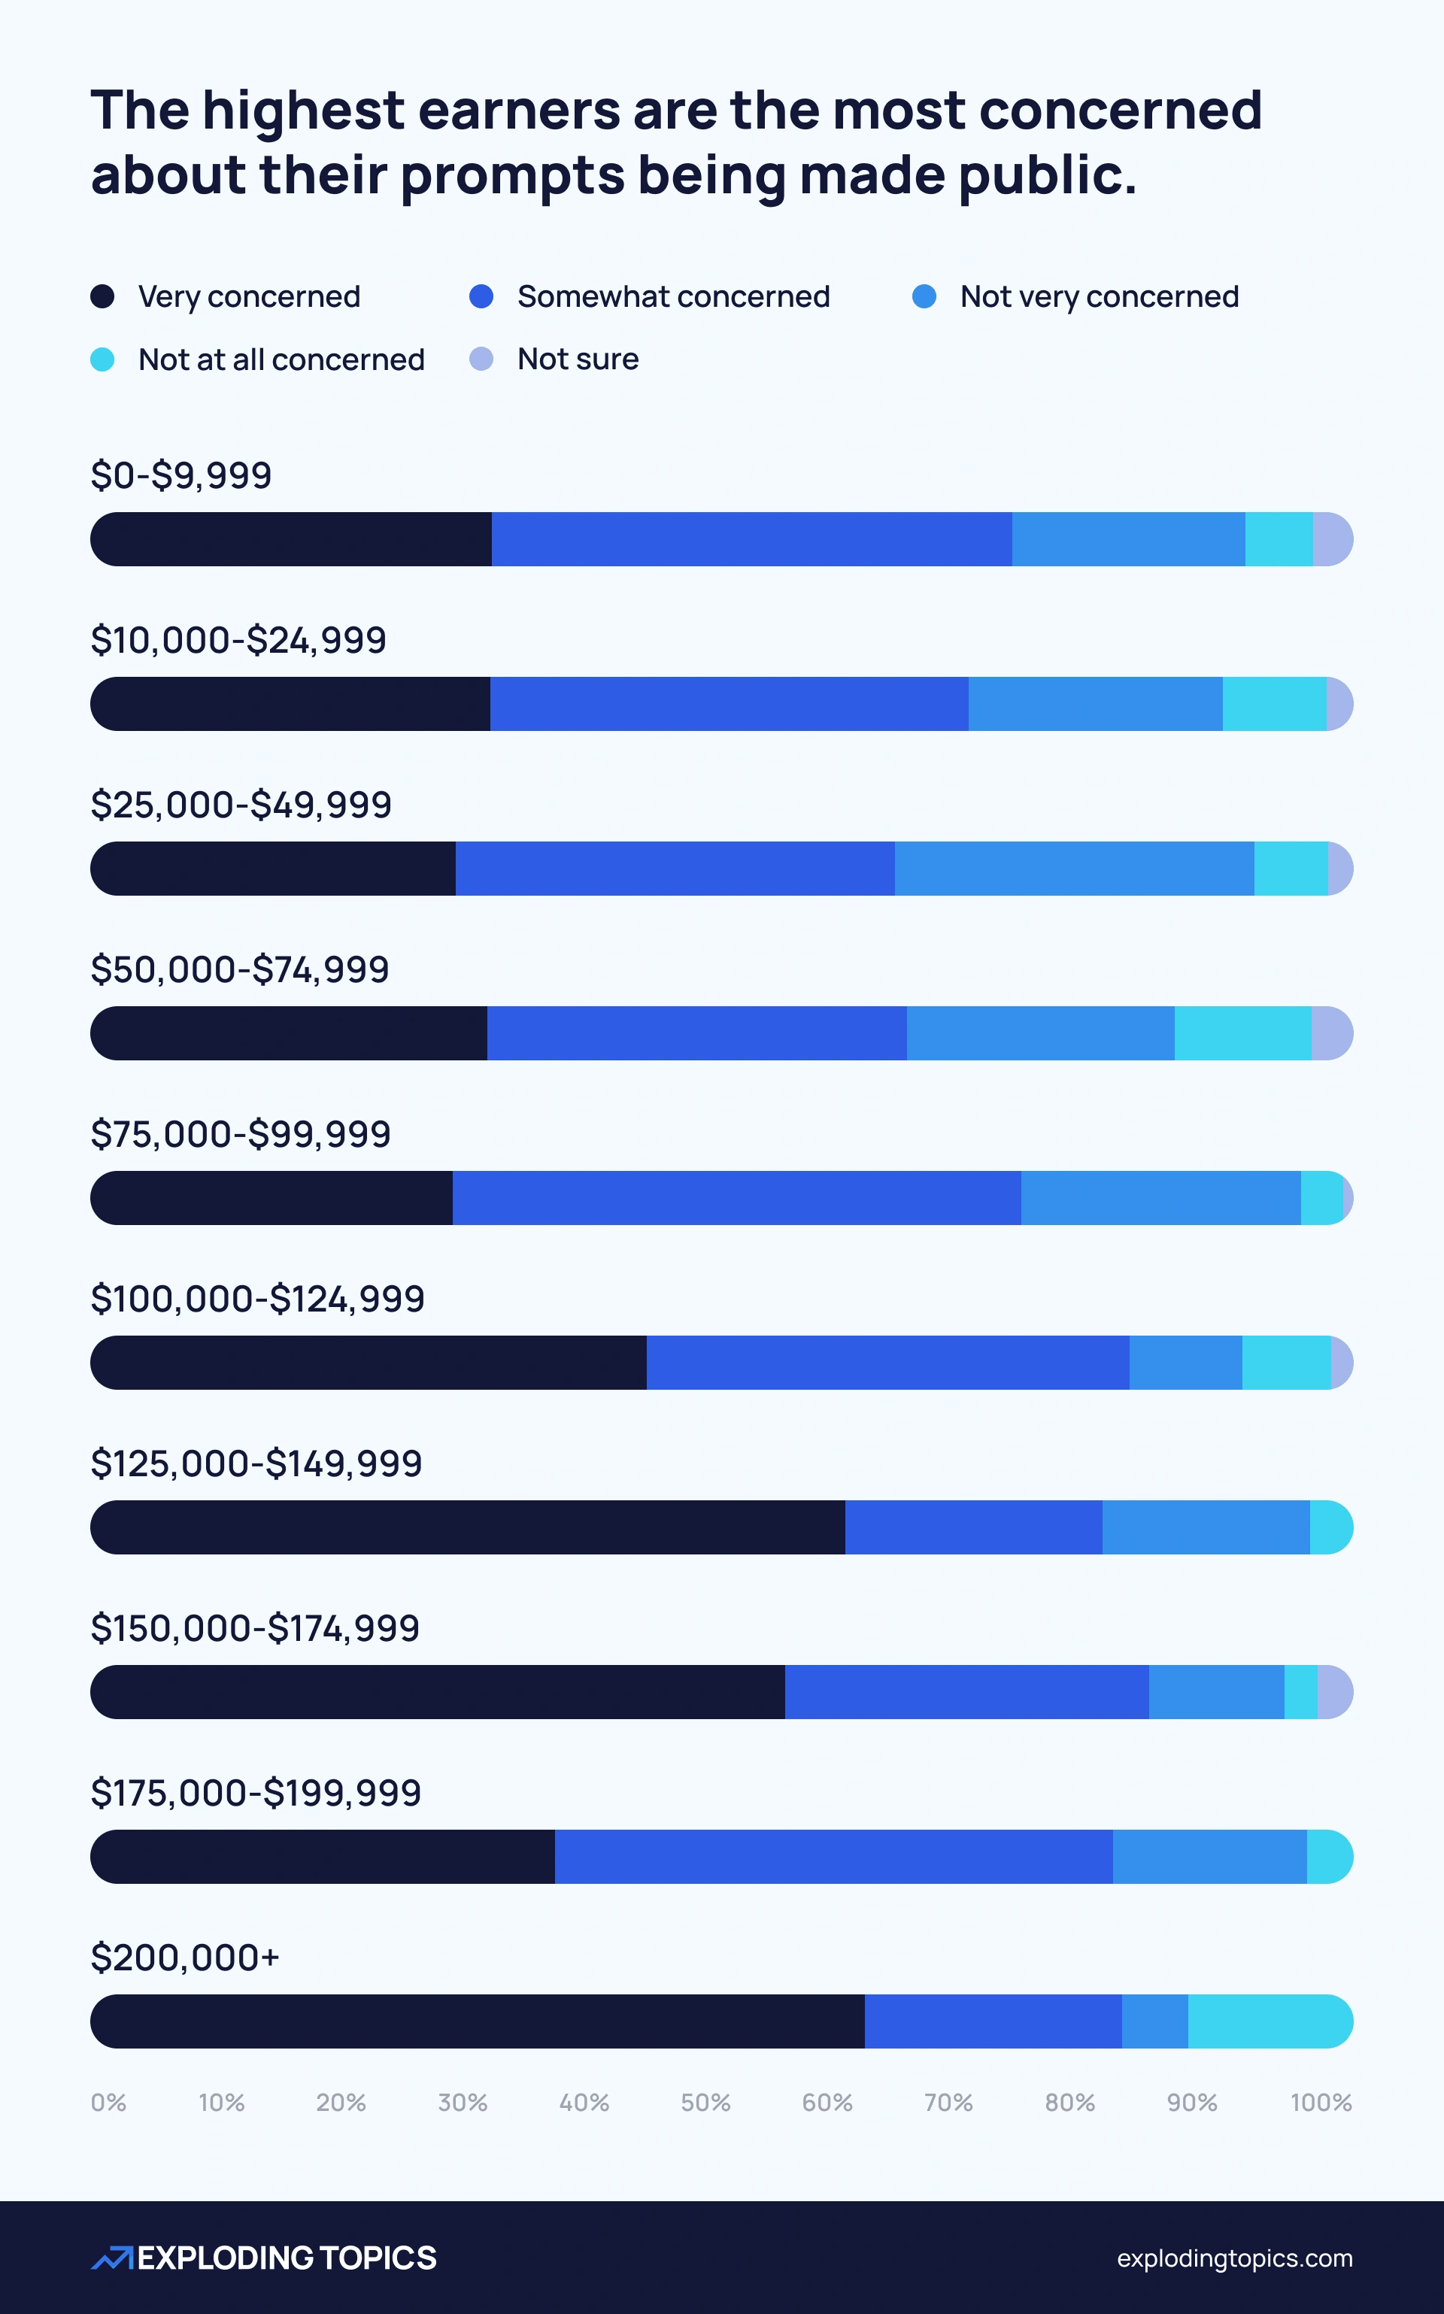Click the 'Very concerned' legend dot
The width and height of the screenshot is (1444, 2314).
tap(102, 296)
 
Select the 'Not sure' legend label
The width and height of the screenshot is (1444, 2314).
tap(577, 359)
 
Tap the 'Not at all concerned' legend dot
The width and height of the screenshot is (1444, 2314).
tap(102, 359)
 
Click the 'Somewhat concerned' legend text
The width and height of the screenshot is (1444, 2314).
tap(672, 296)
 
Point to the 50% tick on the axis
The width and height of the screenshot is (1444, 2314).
tap(705, 2102)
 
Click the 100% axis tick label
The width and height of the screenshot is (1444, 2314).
tap(1320, 2102)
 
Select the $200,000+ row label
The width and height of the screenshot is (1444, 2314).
tap(185, 1957)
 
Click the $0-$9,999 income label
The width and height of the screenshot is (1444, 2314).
tap(181, 475)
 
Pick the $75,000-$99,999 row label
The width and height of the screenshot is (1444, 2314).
tap(241, 1133)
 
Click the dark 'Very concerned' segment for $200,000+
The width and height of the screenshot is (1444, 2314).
tap(478, 2021)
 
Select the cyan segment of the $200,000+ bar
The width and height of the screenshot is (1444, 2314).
tap(1268, 2021)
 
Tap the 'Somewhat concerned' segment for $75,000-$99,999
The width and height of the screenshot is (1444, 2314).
tap(736, 1197)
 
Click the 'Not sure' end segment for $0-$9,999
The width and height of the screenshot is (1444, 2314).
tap(1331, 538)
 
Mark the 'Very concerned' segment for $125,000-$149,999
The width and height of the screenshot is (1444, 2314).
tap(468, 1527)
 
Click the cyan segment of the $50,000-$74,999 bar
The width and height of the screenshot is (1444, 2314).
tap(1242, 1033)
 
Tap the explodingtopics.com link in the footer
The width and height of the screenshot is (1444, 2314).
tap(1234, 2258)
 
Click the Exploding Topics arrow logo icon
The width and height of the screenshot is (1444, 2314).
tap(113, 2258)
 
